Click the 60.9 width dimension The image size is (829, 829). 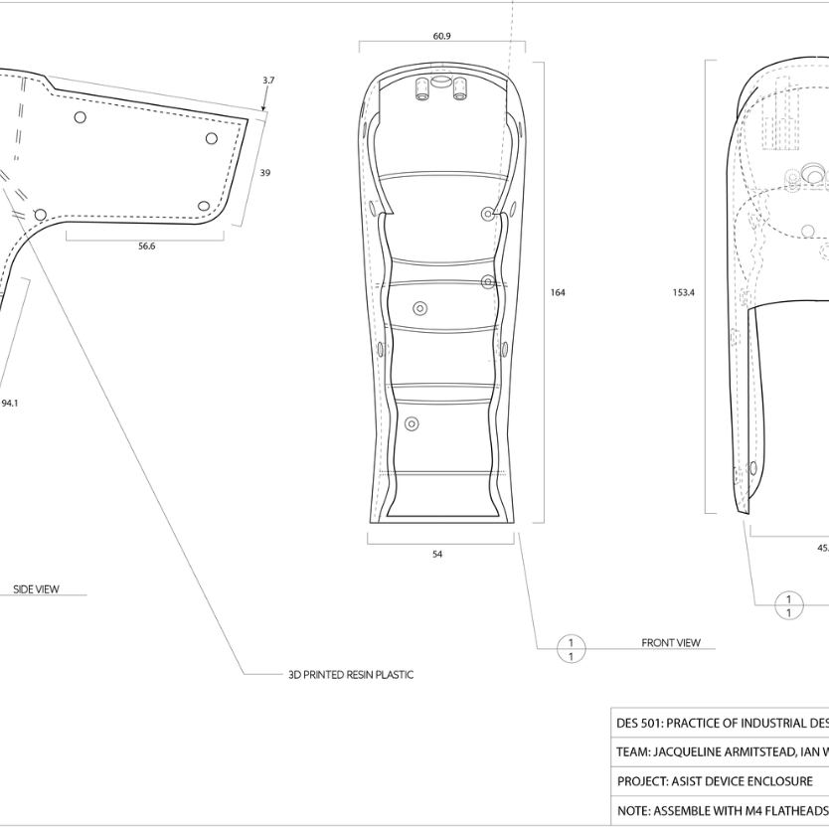point(441,36)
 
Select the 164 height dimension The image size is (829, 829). point(558,292)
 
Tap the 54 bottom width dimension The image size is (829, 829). point(437,555)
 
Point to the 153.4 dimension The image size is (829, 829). point(683,292)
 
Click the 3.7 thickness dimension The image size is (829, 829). point(268,81)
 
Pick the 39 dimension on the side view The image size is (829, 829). point(264,173)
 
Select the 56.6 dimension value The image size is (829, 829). point(146,247)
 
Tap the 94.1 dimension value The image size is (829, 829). point(10,404)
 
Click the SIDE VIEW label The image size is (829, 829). point(36,589)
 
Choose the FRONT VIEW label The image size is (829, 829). point(671,643)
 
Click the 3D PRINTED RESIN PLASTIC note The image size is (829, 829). point(351,675)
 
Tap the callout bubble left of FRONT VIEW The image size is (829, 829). point(571,649)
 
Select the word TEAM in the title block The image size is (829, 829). point(633,752)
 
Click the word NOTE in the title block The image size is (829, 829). point(632,811)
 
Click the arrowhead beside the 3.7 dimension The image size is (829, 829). point(263,106)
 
